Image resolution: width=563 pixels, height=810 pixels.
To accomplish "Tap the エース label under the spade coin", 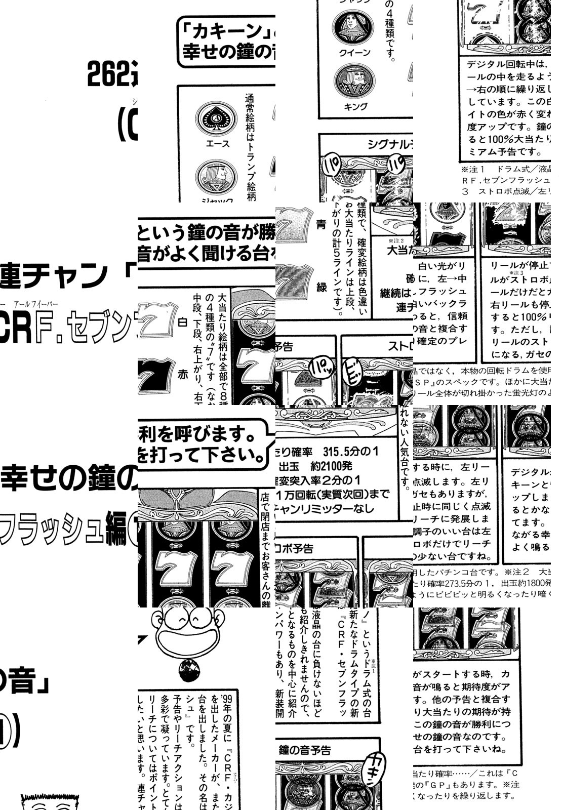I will tap(218, 144).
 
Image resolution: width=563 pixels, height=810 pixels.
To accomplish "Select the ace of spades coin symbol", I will tap(217, 118).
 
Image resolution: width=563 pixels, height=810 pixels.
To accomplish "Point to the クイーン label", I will tap(354, 53).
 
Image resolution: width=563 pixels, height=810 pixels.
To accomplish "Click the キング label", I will tap(355, 106).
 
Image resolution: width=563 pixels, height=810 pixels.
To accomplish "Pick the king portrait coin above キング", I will tap(354, 82).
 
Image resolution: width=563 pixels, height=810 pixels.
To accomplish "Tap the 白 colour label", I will tap(183, 322).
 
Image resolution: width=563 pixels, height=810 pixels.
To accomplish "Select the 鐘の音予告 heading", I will tap(305, 750).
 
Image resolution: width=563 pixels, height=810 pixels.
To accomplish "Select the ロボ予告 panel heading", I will tap(294, 548).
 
